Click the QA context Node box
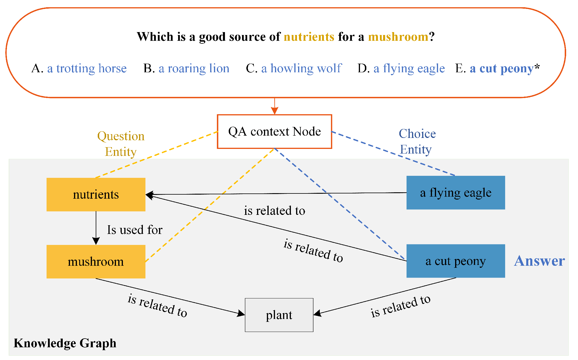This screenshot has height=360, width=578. click(274, 132)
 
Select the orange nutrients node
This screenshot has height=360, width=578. click(96, 195)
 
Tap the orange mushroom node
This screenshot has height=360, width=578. click(96, 262)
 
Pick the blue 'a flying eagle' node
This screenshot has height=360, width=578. click(455, 193)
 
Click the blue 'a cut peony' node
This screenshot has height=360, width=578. click(455, 261)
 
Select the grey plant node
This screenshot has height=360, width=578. click(279, 315)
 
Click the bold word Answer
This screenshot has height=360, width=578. click(539, 261)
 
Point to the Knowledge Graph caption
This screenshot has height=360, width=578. click(65, 343)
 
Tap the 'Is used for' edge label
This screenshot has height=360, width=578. click(135, 230)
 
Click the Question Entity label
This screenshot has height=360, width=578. click(121, 144)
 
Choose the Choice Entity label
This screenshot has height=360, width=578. click(417, 142)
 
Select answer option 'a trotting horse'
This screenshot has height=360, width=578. click(87, 69)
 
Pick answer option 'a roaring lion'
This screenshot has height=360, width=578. click(194, 69)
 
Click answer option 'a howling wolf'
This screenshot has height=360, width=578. click(301, 69)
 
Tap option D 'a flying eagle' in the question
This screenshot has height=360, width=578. click(409, 69)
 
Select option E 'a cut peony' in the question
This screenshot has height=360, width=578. click(501, 69)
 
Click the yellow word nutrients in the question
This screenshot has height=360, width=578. click(309, 37)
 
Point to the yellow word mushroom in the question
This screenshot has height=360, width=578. click(398, 37)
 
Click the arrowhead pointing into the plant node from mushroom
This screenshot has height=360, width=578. click(241, 313)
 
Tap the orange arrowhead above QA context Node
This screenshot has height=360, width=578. click(275, 111)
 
